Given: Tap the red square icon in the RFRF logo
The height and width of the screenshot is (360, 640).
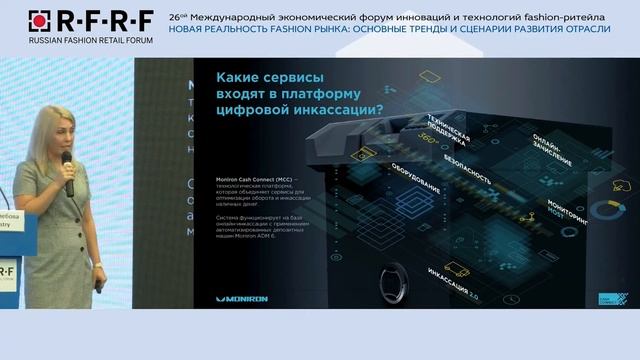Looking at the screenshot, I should click(37, 18).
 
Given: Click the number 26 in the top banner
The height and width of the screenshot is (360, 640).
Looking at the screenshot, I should click(175, 17).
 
